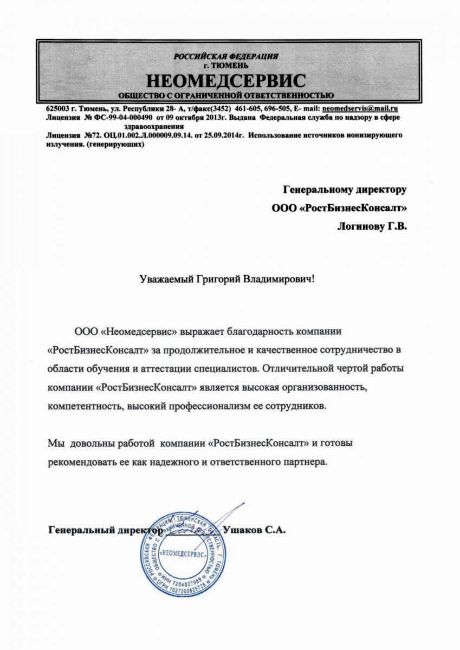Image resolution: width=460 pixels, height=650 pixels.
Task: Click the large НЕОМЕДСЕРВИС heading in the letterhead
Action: (226, 81)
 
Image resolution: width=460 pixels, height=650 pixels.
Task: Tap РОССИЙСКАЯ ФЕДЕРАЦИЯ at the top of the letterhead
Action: (226, 56)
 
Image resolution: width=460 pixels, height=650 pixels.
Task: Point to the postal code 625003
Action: (57, 108)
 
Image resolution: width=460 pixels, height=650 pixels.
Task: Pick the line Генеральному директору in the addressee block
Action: (345, 189)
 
